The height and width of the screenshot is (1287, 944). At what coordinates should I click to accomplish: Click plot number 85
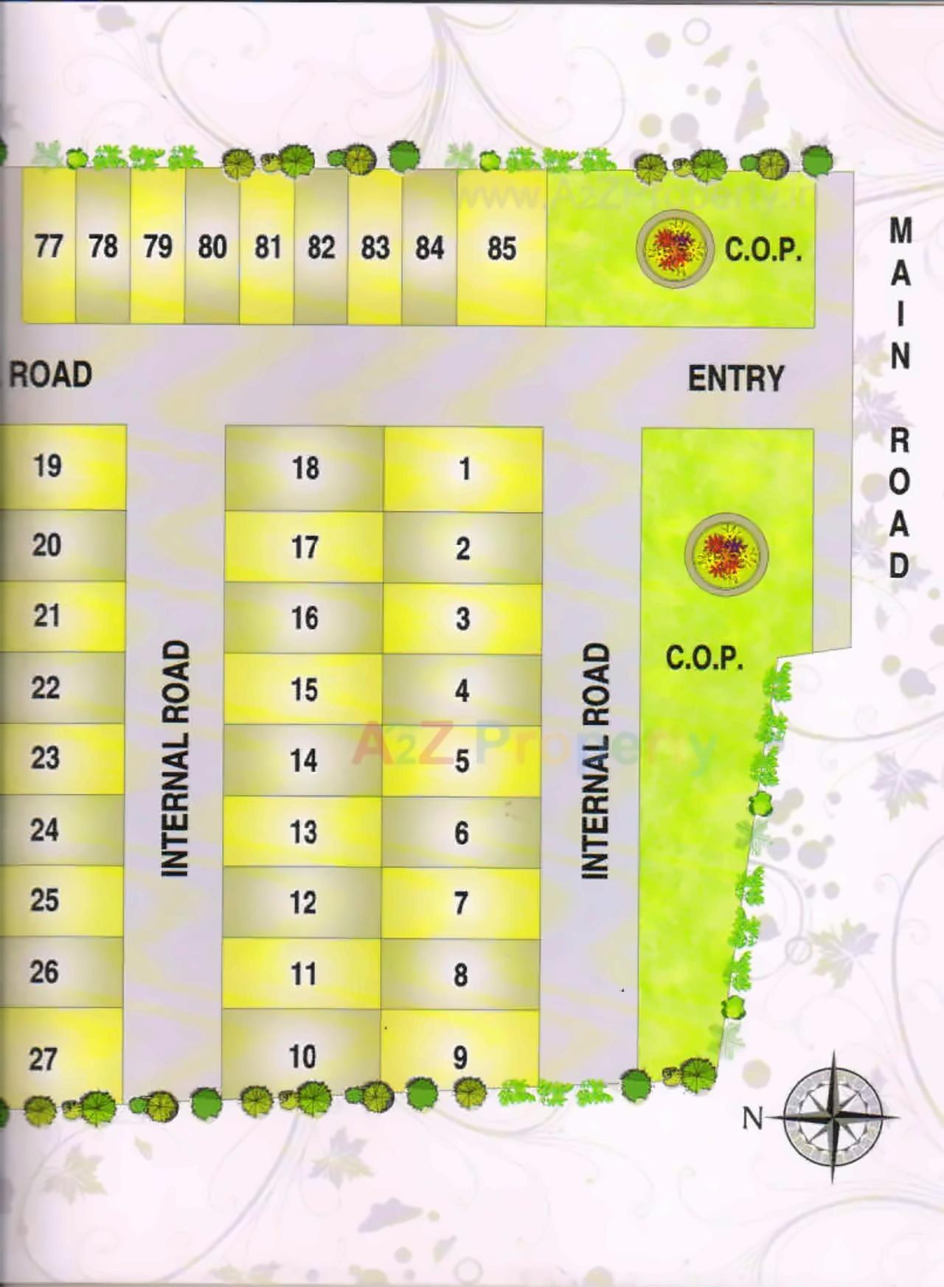point(502,248)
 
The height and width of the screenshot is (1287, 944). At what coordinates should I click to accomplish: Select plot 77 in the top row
point(49,246)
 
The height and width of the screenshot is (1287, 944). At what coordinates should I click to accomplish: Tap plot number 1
point(464,468)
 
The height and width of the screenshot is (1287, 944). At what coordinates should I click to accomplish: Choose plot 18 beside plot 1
point(305,468)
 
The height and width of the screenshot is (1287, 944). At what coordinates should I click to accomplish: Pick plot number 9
point(460,1058)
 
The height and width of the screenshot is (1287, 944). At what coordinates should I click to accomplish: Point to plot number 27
point(43,1059)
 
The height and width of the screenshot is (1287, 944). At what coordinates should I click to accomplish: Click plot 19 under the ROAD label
point(47,465)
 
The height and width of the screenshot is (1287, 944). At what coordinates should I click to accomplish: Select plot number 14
point(304,760)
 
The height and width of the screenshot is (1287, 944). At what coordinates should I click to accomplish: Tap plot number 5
point(462,761)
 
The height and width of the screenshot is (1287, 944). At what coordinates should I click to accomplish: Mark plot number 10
point(302,1056)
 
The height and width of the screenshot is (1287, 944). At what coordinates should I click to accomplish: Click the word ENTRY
point(735,378)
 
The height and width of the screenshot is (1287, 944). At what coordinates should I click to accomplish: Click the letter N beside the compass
point(752,1118)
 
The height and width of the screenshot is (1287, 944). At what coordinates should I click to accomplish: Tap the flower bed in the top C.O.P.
point(675,247)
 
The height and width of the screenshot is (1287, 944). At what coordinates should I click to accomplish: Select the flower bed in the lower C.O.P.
point(726,553)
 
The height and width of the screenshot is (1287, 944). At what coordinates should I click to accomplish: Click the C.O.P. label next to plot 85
point(763,249)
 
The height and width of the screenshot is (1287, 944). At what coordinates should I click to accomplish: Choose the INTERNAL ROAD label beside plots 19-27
point(176,759)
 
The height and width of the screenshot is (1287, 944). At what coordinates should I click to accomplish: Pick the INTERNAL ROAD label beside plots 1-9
point(597,760)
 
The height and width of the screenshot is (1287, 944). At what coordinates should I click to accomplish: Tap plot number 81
point(268,247)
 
